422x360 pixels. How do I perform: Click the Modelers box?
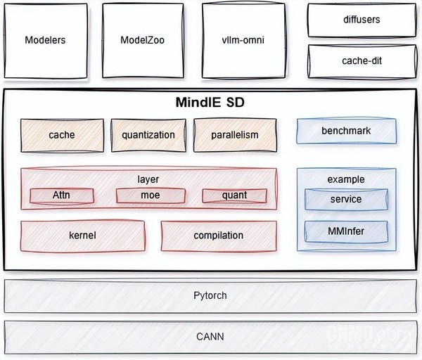pos(45,40)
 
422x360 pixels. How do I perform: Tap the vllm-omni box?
pos(243,40)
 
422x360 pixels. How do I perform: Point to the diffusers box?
pos(361,20)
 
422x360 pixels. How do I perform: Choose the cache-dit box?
pos(361,61)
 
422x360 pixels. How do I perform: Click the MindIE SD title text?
pos(210,103)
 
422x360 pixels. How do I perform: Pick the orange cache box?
pos(62,135)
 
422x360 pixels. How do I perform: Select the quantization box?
pos(148,135)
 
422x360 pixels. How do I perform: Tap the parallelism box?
pos(235,135)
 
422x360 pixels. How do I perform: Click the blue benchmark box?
pos(346,131)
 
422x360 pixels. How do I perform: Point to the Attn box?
pos(62,195)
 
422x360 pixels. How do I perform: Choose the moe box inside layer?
pos(149,195)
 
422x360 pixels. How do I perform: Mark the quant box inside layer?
pos(234,195)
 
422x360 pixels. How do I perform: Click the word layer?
pos(148,179)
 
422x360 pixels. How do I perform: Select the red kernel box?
pos(82,236)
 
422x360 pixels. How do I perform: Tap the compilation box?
pos(218,236)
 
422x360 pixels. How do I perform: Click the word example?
pos(345,179)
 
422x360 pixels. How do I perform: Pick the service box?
pos(345,199)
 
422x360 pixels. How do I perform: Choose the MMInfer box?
pos(345,230)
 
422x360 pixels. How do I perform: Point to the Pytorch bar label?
pos(210,295)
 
